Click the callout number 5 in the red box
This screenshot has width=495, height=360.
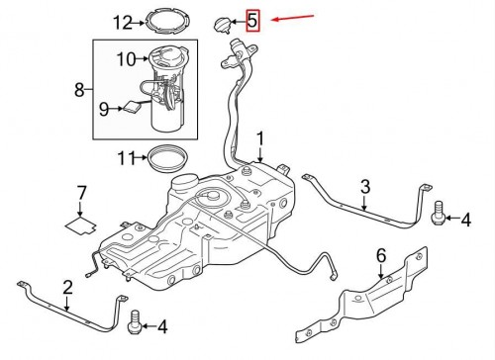[x=252, y=21]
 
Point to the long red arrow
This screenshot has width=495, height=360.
[x=292, y=18]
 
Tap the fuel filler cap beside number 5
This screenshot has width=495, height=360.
[x=222, y=25]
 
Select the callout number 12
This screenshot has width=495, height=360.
[x=123, y=23]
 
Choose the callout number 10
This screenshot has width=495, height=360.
[x=126, y=59]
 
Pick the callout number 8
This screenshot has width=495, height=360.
[x=79, y=89]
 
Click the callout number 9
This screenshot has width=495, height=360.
[x=104, y=109]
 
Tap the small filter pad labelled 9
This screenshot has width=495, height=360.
[x=134, y=107]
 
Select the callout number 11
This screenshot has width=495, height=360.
[x=127, y=158]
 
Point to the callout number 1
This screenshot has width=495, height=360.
[x=260, y=138]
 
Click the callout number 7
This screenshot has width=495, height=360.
[x=81, y=193]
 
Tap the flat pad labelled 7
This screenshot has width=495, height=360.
[x=81, y=225]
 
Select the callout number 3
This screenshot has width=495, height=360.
[x=365, y=187]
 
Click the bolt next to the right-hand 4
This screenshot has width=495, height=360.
[x=439, y=214]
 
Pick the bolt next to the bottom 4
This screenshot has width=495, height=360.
[x=135, y=323]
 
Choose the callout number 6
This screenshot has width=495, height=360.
[x=381, y=256]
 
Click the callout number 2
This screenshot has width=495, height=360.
[x=67, y=288]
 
